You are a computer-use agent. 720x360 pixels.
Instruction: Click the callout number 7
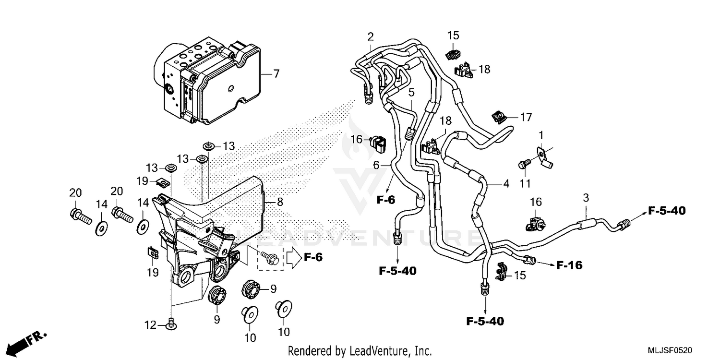[x=276, y=74]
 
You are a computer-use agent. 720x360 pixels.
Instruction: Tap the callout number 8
[x=280, y=203]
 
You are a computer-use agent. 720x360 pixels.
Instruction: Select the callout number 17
[x=526, y=117]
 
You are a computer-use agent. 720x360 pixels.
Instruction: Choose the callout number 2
[x=371, y=36]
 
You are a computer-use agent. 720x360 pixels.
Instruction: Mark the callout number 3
[x=586, y=198]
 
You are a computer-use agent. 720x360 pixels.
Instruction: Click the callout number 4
[x=505, y=183]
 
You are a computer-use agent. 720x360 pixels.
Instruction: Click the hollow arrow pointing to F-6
[x=293, y=257]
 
